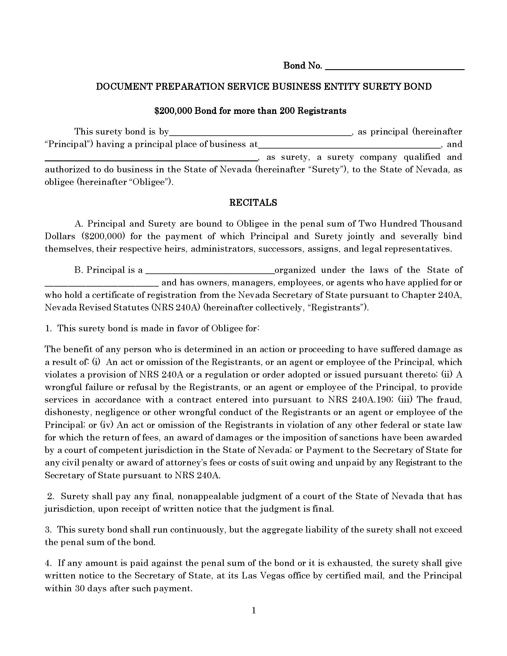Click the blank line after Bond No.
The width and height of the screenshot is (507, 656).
pos(395,67)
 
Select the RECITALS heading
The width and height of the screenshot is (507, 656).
pos(253,203)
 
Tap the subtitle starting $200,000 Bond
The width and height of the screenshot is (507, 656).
pos(250,111)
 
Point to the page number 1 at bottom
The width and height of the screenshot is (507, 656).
pos(253,611)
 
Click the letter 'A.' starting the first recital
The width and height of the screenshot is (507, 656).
pos(79,224)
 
